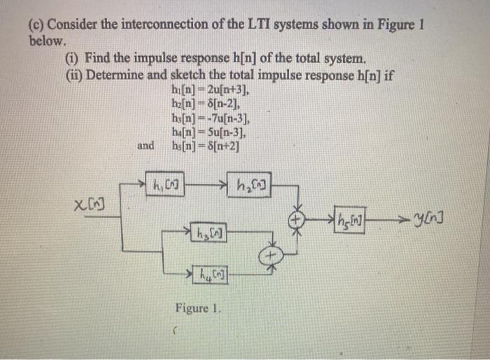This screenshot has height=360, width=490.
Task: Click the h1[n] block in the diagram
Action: (x=165, y=184)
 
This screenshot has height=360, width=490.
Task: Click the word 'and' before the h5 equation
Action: (x=146, y=146)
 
